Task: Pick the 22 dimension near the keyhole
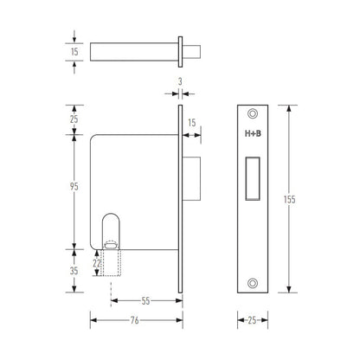point(97,262)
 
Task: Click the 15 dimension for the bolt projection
point(192,123)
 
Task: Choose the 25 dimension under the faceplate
point(252,319)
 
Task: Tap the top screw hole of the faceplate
point(252,114)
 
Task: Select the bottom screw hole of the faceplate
point(252,281)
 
